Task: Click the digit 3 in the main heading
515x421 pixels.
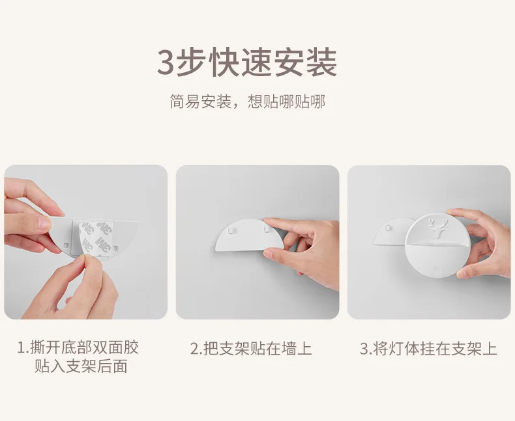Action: point(166,62)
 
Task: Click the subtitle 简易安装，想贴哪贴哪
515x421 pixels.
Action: point(247,102)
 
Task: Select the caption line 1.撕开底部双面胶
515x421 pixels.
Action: point(78,348)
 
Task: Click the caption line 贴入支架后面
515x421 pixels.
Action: point(81,366)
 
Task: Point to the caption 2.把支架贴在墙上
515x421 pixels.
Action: point(251,349)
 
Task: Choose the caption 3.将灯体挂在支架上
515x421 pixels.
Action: point(428,349)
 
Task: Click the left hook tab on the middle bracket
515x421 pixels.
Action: point(231,231)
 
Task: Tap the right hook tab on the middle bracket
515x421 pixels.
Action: point(267,228)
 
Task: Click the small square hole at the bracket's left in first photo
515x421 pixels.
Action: point(66,245)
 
